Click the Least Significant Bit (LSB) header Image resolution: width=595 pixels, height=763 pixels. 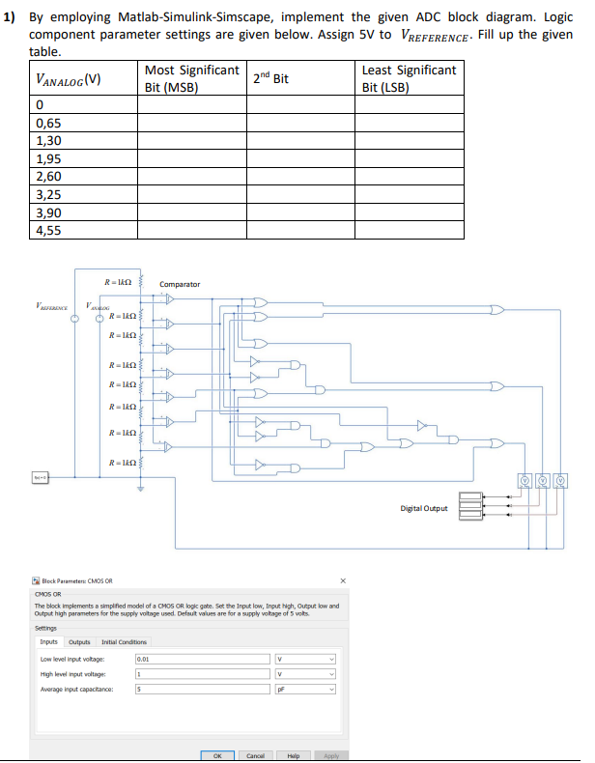coord(408,78)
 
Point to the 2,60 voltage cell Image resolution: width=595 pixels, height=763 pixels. coord(48,177)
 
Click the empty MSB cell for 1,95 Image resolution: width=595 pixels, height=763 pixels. coord(191,159)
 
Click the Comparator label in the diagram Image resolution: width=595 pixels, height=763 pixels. coord(180,284)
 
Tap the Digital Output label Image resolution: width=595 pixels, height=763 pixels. coord(424,508)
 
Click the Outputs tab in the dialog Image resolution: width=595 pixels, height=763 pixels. coord(79,641)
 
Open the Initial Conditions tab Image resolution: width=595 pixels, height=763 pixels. coord(126,641)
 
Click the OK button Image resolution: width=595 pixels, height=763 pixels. coord(217,755)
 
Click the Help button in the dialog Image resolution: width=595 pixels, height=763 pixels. coord(294,755)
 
